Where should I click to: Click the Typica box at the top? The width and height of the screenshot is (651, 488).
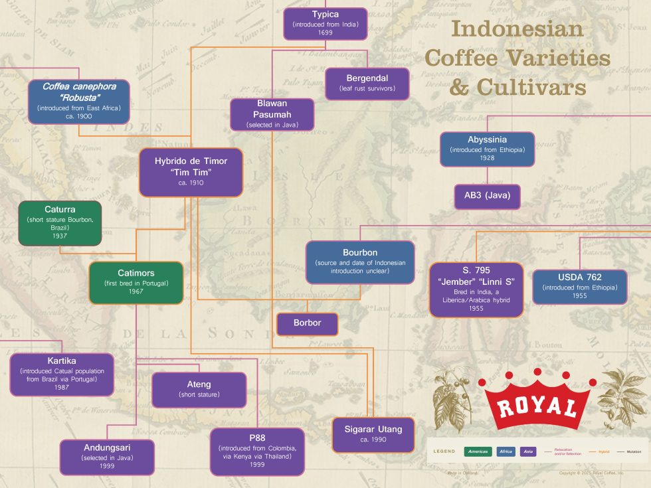coord(325,23)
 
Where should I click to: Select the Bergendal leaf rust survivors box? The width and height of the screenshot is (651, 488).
coord(367,83)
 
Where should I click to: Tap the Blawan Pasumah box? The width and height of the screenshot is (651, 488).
coord(272,114)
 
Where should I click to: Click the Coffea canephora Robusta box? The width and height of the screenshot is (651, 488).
coord(78,101)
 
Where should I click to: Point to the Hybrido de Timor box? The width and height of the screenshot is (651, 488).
coord(191,172)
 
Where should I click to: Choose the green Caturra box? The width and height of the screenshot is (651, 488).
coord(60,222)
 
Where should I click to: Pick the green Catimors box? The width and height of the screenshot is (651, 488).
coord(136,282)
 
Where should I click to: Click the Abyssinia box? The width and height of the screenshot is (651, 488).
coord(488,149)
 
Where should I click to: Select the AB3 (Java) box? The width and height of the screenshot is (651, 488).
coord(488,197)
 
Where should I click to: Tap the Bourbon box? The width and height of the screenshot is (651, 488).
coord(360,262)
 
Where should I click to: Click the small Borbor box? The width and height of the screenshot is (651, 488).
coord(307,323)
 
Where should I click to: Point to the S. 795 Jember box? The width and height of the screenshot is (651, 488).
coord(476,289)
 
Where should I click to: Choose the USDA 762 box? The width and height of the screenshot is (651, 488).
coord(579,287)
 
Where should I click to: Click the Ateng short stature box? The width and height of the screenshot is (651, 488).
coord(199,390)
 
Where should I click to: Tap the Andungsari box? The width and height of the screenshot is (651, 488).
coord(107,457)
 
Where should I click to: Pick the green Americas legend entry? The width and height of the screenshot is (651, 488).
coord(478,451)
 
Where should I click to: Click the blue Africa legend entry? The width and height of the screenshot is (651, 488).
coord(506,451)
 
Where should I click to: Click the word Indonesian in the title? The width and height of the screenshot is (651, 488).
coord(517,29)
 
